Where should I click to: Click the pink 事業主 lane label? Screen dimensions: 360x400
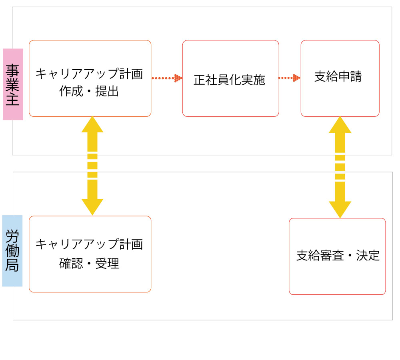tap(13, 84)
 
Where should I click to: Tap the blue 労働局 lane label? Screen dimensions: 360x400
tap(12, 251)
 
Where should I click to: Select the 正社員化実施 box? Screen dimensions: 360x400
tap(230, 78)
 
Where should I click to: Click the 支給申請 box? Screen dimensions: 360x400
tap(340, 78)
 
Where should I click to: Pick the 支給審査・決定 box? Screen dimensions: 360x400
tap(337, 256)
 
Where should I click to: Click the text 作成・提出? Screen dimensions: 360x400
tap(89, 92)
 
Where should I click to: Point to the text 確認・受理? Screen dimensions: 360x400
tap(89, 264)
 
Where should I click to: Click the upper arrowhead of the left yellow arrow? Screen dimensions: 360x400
tap(92, 125)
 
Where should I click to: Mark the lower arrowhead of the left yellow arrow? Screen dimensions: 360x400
tap(92, 206)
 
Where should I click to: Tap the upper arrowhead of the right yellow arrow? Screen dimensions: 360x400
tap(340, 125)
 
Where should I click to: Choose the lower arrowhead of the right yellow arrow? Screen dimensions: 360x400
tap(340, 209)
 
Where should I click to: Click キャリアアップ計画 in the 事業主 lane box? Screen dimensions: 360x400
tap(89, 74)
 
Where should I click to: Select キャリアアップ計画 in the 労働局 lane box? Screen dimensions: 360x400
tap(89, 244)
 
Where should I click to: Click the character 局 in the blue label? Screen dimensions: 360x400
tap(12, 265)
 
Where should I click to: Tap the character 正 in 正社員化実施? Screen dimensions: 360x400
tap(200, 80)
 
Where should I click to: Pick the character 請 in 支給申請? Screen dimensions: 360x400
tap(356, 77)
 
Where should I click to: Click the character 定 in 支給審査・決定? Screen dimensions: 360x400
tap(374, 256)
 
